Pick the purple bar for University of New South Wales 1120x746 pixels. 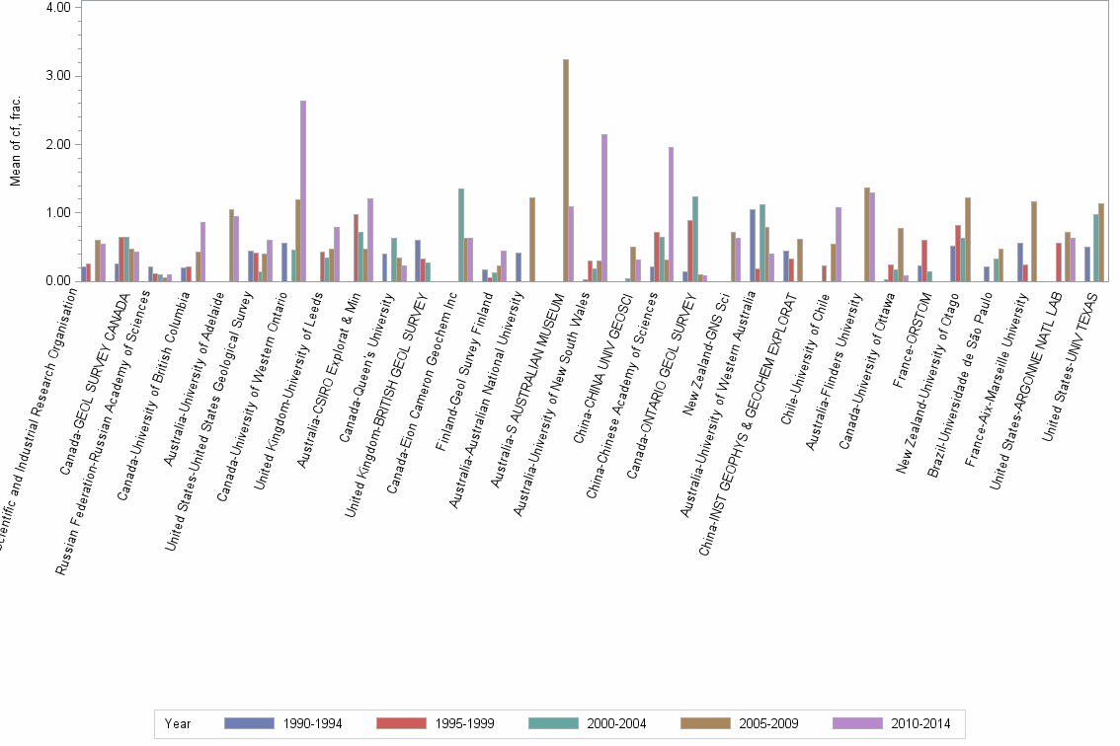click(x=604, y=207)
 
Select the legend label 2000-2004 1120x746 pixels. click(x=617, y=723)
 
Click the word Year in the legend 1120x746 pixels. click(x=178, y=723)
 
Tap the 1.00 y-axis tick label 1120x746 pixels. click(x=57, y=213)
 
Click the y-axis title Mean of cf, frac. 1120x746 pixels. click(x=14, y=143)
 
